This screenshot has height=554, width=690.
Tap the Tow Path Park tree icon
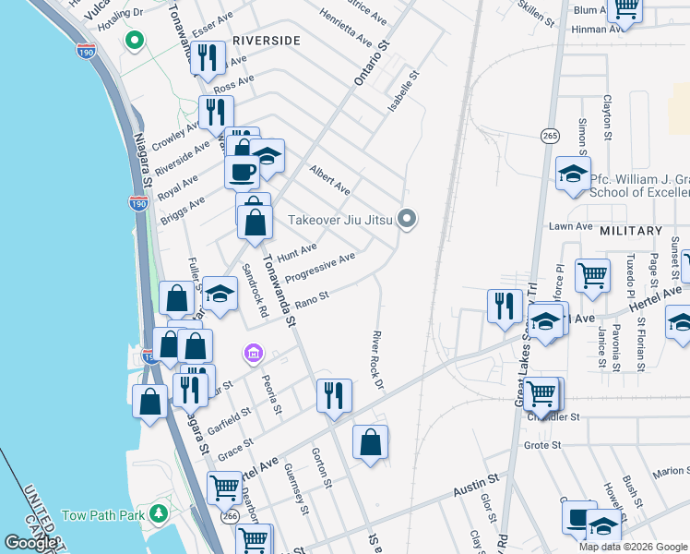160,512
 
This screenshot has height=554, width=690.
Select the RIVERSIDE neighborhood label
267,41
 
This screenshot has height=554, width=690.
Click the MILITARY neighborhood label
631,231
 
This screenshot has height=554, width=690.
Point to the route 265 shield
551,136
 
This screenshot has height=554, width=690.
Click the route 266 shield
230,518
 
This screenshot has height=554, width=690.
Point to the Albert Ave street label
329,180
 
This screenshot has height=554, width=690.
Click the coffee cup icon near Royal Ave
243,171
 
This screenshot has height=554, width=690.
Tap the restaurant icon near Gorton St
334,394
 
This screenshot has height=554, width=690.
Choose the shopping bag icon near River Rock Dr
370,441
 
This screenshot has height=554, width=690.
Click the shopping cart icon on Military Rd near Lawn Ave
592,273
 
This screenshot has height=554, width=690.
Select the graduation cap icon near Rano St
220,293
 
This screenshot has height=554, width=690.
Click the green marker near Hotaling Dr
135,41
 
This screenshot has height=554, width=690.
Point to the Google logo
30,543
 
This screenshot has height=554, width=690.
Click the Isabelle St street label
403,93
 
